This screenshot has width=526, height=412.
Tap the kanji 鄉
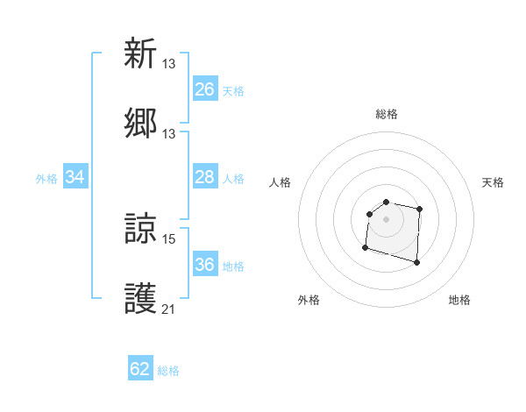(140, 124)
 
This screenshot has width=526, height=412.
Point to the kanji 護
(140, 299)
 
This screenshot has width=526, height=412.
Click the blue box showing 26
(204, 89)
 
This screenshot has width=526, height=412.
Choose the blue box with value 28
(204, 178)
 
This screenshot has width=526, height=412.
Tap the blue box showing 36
(204, 265)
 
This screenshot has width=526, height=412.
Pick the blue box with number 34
(75, 178)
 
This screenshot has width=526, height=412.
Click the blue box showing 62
(140, 369)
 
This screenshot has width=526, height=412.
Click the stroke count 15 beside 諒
(169, 238)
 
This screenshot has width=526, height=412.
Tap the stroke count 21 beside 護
(169, 309)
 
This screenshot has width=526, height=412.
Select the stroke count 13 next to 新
(169, 63)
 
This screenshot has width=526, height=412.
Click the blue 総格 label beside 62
(168, 371)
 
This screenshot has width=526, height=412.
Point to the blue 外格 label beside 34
(46, 179)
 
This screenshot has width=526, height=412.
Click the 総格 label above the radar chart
(387, 114)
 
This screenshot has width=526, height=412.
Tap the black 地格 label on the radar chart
(459, 300)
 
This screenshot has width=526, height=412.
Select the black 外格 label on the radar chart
(309, 300)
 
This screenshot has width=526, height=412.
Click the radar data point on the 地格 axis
(416, 262)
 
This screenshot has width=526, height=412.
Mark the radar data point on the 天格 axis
(420, 209)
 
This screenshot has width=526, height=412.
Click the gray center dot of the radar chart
(387, 218)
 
